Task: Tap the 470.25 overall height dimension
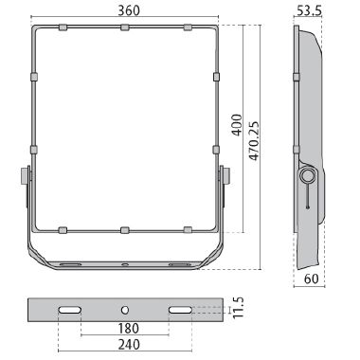[x=255, y=130]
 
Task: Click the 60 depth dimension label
[x=311, y=279]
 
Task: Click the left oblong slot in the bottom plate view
[x=68, y=310]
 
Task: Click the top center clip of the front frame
[x=124, y=27]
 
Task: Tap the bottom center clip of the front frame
[x=124, y=229]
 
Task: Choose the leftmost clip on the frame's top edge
[x=63, y=27]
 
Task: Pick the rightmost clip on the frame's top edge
[x=187, y=27]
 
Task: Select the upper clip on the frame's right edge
[x=217, y=75]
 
